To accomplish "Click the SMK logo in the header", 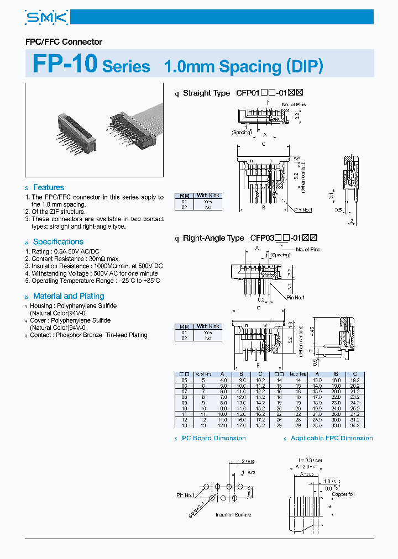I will (x=46, y=18).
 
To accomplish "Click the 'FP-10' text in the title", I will (x=65, y=65).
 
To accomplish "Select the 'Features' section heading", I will (x=48, y=187).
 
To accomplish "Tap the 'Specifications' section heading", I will (x=58, y=241).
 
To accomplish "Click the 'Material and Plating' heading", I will (x=69, y=296).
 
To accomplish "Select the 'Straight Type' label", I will (x=206, y=93).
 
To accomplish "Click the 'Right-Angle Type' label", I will (x=213, y=238).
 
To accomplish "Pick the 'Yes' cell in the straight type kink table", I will (x=208, y=202).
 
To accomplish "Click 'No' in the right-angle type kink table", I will (x=208, y=338).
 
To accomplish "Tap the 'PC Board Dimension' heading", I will (x=214, y=438).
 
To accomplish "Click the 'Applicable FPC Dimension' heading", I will (x=332, y=438).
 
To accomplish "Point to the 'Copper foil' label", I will (x=343, y=494).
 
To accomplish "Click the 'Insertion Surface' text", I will (x=233, y=515).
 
